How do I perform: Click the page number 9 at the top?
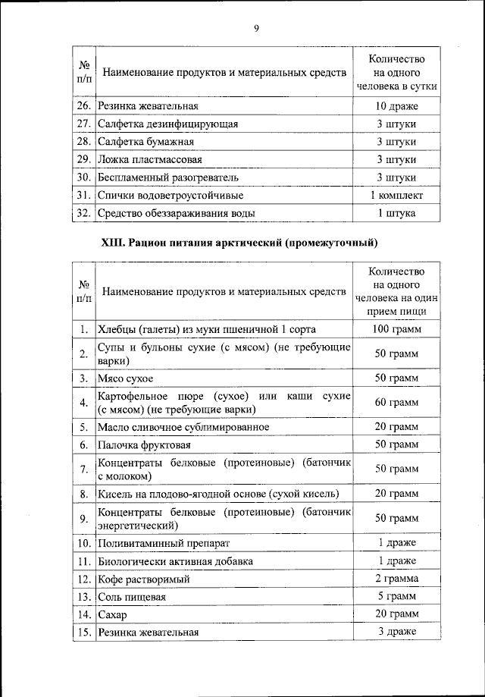(256, 28)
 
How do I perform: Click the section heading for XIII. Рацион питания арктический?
(239, 243)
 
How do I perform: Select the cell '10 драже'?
(396, 106)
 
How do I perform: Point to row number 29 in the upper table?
(84, 160)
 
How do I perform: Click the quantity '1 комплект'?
(396, 196)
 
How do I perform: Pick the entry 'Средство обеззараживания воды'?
(176, 214)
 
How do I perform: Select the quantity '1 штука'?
(396, 214)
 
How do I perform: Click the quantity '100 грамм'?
(396, 329)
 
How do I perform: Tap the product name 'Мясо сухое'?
(126, 378)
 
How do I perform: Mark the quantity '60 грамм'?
(396, 403)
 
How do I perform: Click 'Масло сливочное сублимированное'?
(183, 427)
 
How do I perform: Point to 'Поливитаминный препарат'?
(163, 544)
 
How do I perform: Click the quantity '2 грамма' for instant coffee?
(396, 579)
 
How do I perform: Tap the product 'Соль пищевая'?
(132, 597)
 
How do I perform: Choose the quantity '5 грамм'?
(396, 596)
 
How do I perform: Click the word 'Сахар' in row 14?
(113, 615)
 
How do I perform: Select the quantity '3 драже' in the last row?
(396, 632)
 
